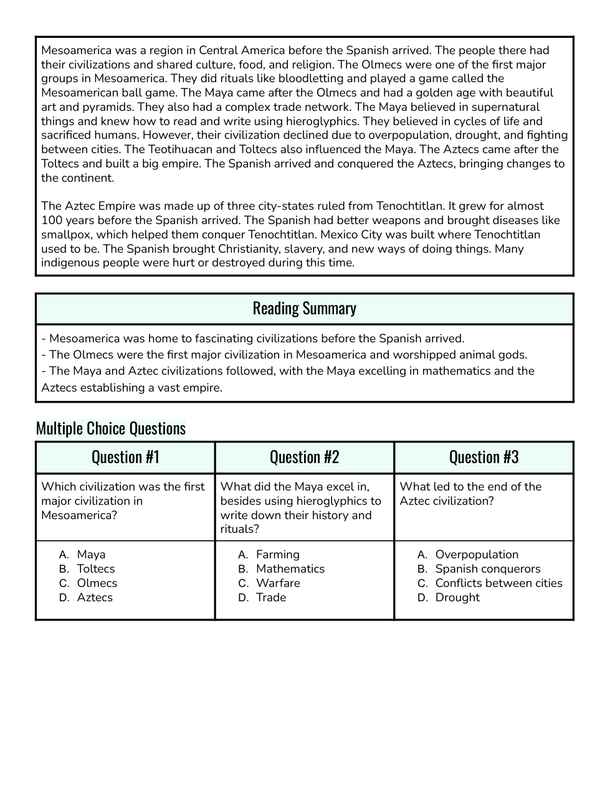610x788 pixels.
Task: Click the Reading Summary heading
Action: pos(304,308)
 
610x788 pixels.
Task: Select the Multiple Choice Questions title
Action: pos(110,428)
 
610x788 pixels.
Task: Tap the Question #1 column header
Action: pos(125,457)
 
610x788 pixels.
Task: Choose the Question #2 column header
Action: pos(304,457)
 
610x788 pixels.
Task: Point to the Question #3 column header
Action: pos(484,457)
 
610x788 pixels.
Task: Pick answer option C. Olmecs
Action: pos(97,583)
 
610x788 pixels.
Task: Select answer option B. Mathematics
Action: pos(290,569)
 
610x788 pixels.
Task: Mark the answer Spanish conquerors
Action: pos(487,569)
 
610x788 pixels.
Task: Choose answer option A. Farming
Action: pos(277,555)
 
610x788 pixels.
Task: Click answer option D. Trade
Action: pos(270,598)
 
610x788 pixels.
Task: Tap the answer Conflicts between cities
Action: pos(498,583)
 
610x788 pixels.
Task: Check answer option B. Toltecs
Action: pos(95,569)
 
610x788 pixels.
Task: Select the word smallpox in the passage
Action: pos(66,235)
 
